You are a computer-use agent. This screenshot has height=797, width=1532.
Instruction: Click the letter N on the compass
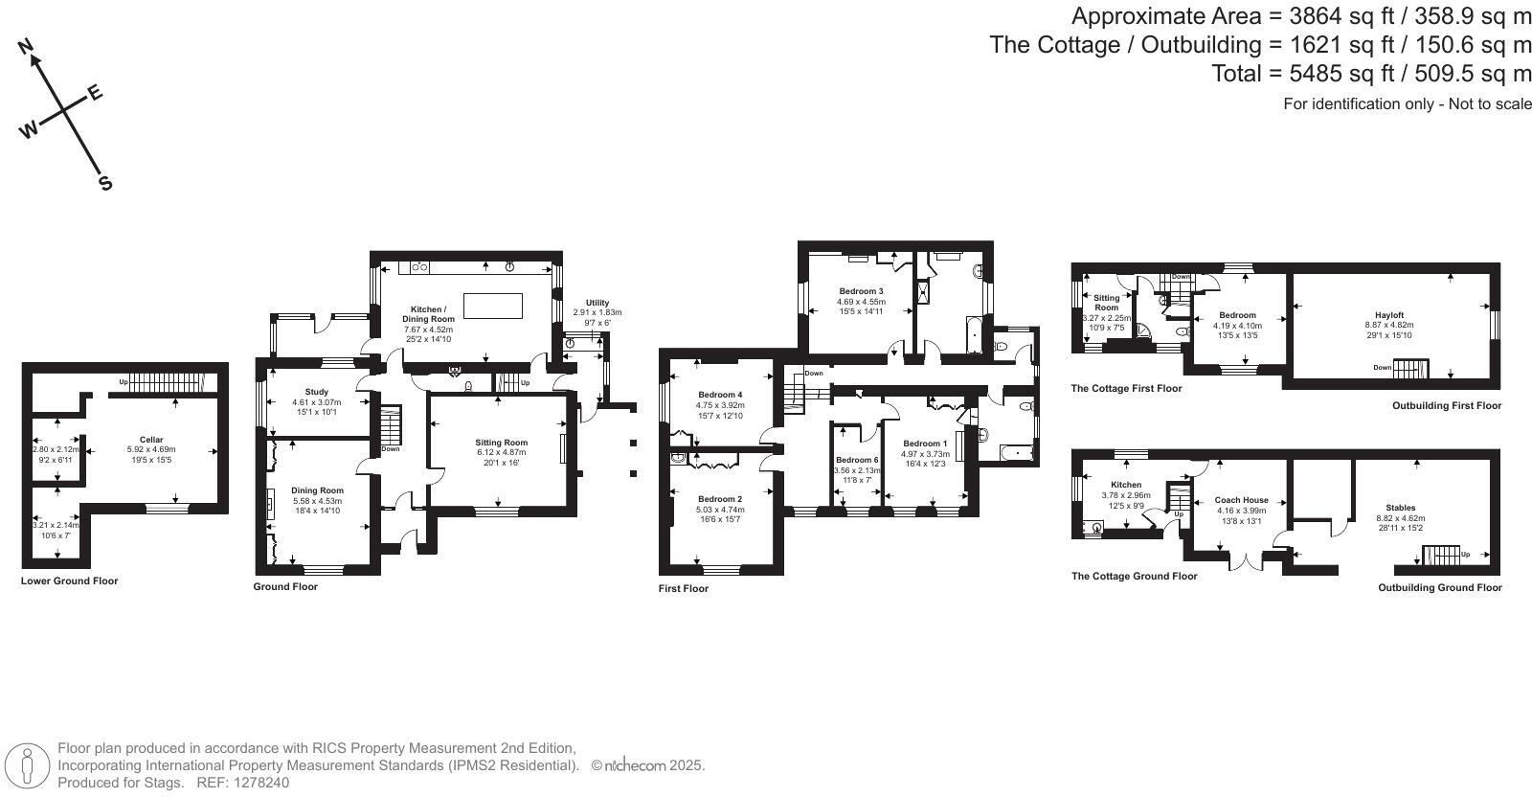[x=26, y=45]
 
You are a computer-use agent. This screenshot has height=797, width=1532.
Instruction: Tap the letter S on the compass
[x=105, y=183]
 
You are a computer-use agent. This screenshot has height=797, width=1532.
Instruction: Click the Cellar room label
[x=151, y=440]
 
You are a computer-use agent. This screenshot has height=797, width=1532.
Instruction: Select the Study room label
[x=317, y=392]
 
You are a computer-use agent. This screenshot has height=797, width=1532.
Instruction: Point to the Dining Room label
[x=317, y=490]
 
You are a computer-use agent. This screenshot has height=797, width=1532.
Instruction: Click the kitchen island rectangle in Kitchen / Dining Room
[x=493, y=306]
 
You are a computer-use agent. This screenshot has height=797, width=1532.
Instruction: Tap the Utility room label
[x=597, y=303]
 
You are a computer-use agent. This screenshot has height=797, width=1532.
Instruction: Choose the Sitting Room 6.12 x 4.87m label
[x=502, y=443]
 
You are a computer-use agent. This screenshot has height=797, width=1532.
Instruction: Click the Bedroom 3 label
[x=861, y=291]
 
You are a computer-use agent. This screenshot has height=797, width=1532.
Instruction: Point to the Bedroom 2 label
[x=720, y=499]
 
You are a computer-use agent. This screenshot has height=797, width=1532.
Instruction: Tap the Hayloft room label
[x=1389, y=315]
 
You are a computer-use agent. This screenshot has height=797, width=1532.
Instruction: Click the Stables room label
[x=1400, y=508]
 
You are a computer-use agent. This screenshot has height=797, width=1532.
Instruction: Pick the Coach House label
[x=1241, y=500]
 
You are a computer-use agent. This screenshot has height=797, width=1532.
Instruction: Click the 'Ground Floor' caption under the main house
[x=285, y=586]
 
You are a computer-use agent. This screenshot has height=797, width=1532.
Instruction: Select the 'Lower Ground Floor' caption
[x=69, y=581]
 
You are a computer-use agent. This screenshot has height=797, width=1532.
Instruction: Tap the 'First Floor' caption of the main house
[x=684, y=588]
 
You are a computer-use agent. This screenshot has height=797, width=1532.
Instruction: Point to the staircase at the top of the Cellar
[x=167, y=382]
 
